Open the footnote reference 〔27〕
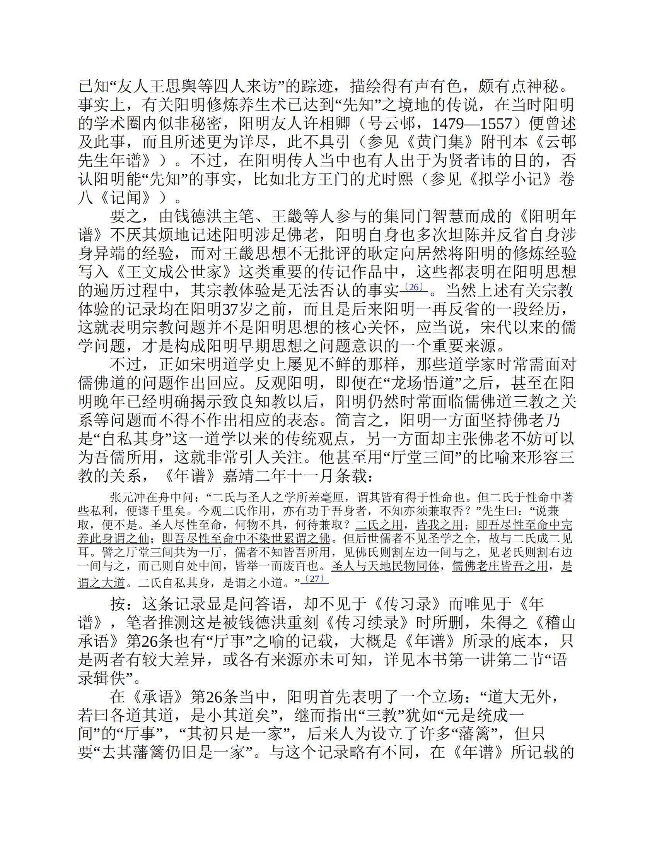[x=314, y=579]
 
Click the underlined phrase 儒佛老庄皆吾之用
[x=500, y=565]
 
